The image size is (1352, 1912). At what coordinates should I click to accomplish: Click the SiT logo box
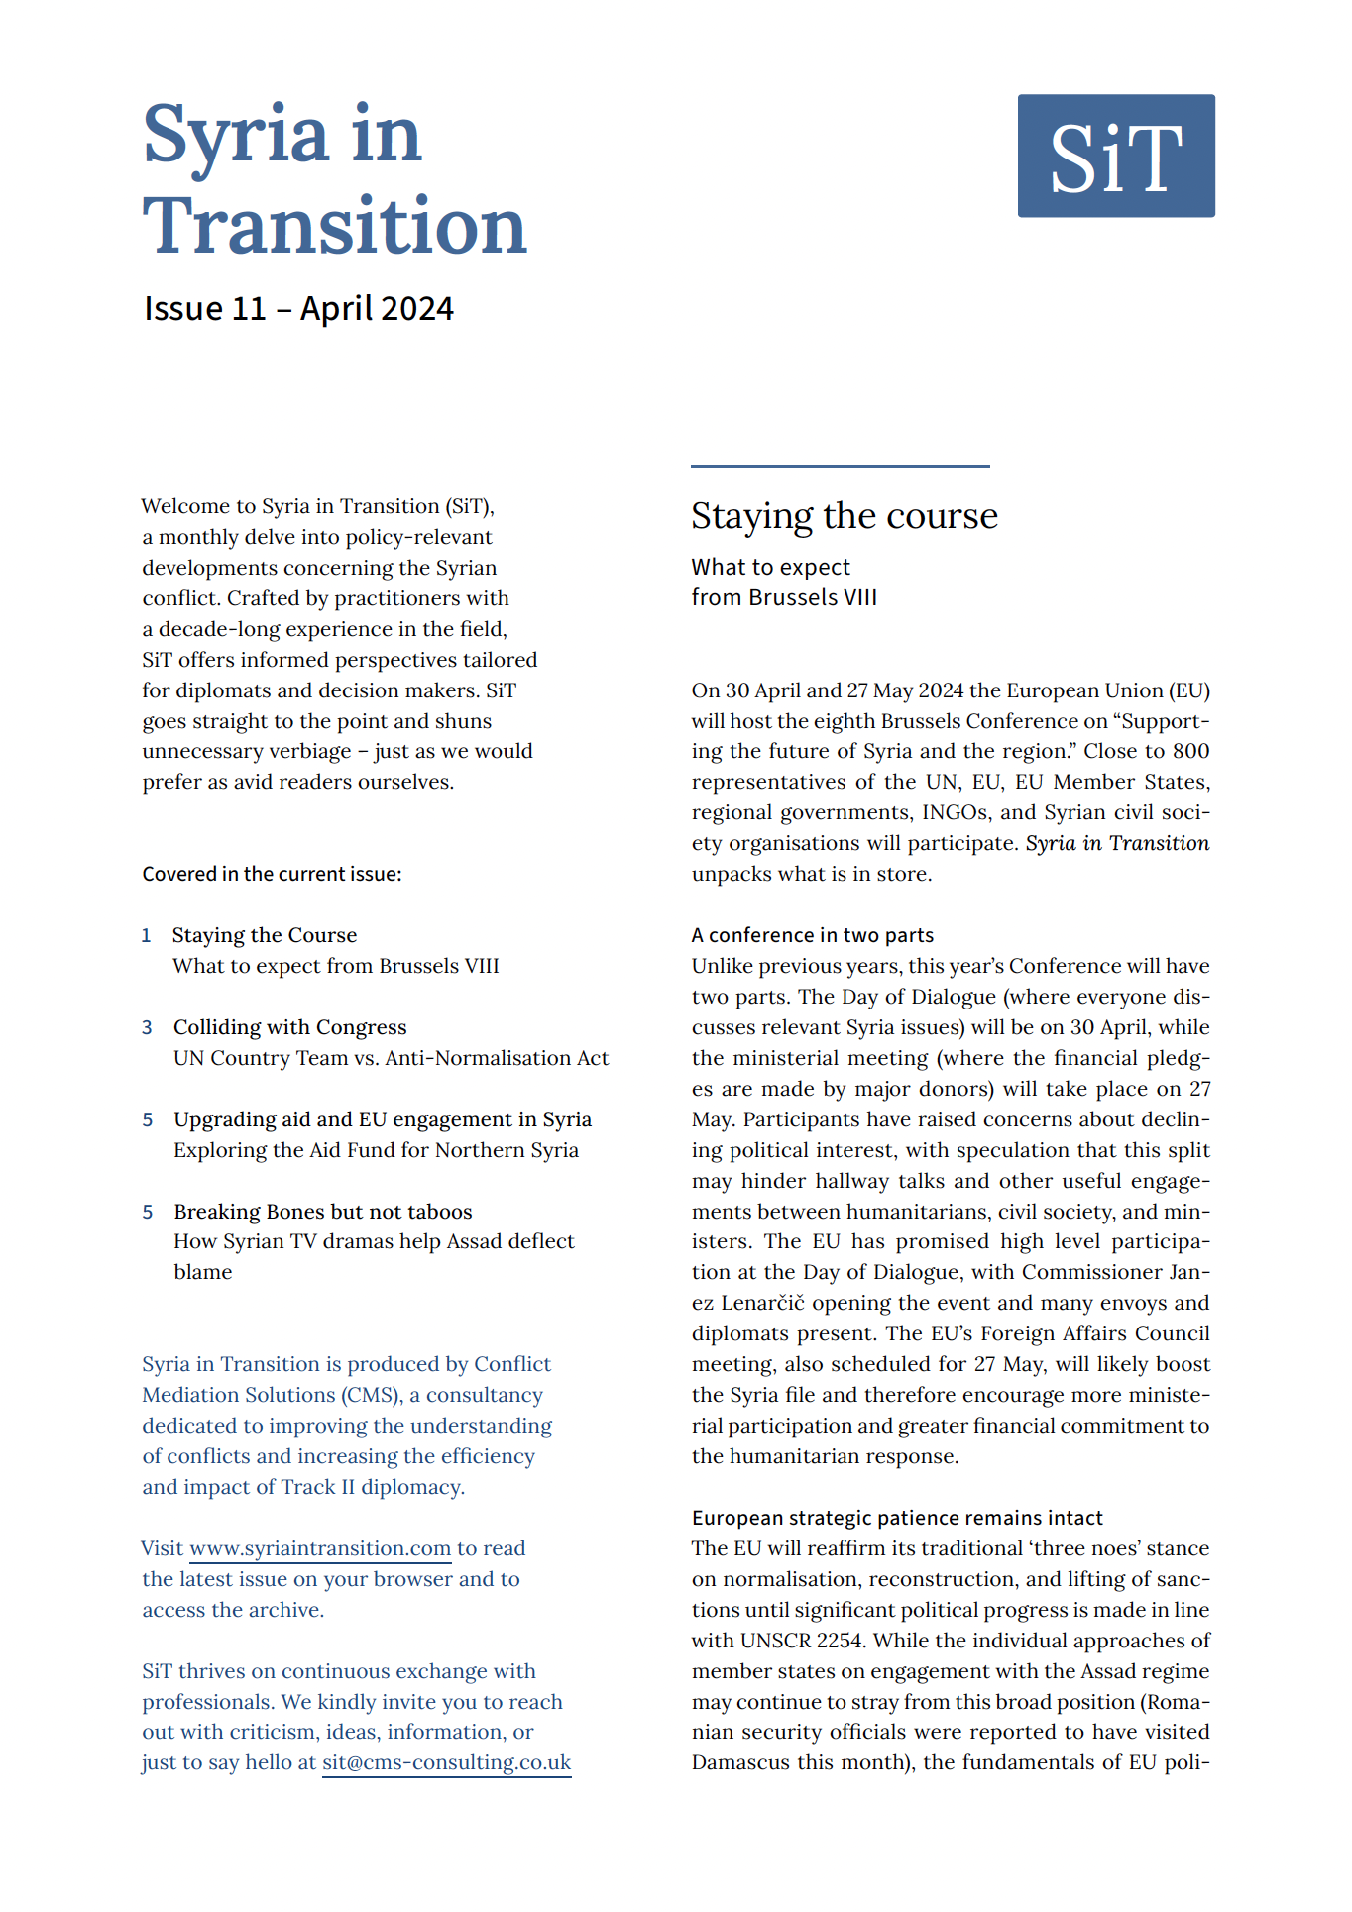click(x=1116, y=156)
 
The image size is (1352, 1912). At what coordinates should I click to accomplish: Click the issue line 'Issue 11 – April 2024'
click(x=298, y=309)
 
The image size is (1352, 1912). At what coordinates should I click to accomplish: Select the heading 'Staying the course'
click(x=845, y=516)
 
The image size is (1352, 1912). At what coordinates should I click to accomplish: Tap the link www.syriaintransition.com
click(x=320, y=1548)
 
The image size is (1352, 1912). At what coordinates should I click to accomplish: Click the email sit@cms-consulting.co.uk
click(x=446, y=1762)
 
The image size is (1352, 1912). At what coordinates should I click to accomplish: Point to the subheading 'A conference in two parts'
click(x=813, y=935)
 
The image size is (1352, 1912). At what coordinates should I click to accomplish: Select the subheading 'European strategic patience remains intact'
click(x=897, y=1518)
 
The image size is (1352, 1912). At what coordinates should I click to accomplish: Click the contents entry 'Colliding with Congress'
click(x=290, y=1027)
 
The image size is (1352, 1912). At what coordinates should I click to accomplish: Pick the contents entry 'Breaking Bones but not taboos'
click(x=323, y=1212)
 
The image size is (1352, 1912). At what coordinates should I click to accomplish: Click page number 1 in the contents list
click(x=147, y=935)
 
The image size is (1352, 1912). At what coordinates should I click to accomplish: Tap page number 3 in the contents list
click(x=147, y=1027)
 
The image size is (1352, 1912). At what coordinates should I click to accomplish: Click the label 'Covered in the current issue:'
click(x=272, y=874)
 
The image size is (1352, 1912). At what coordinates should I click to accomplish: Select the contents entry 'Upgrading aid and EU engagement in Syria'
click(x=383, y=1119)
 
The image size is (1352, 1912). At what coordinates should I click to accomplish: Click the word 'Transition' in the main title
click(x=335, y=226)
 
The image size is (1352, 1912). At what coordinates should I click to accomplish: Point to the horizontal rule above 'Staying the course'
click(x=841, y=466)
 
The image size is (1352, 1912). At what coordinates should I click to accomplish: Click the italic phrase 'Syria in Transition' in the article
click(x=1117, y=843)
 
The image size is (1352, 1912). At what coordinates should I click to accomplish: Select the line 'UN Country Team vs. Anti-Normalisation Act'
click(x=391, y=1058)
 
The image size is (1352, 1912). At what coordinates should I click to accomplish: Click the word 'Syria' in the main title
click(x=236, y=136)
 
